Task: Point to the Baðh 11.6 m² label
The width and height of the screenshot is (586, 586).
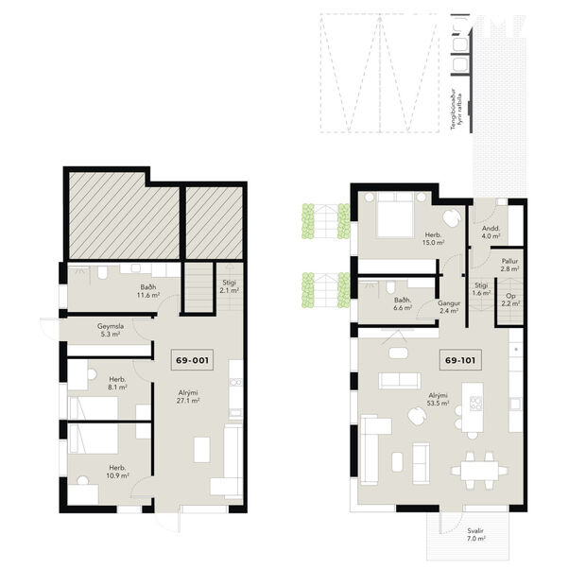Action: (x=146, y=291)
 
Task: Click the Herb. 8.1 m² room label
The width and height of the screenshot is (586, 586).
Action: (x=116, y=383)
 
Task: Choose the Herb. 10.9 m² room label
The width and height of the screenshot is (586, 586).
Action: (x=117, y=472)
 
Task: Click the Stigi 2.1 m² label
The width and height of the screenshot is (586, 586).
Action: (x=231, y=286)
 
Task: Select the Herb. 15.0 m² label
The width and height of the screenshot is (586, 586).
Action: (x=434, y=238)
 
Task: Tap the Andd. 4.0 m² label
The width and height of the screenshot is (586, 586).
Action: (x=491, y=232)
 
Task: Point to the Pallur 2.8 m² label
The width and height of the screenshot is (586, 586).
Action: (x=509, y=266)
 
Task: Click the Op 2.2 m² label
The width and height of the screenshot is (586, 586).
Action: (x=509, y=301)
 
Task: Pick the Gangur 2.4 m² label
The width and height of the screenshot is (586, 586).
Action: (x=448, y=306)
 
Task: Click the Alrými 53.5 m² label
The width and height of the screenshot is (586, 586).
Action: (x=437, y=398)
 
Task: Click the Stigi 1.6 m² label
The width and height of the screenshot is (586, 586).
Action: (x=481, y=289)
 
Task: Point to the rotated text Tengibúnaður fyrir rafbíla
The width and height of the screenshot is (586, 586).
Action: (x=457, y=113)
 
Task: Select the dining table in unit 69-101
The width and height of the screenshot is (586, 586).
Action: (x=474, y=467)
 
